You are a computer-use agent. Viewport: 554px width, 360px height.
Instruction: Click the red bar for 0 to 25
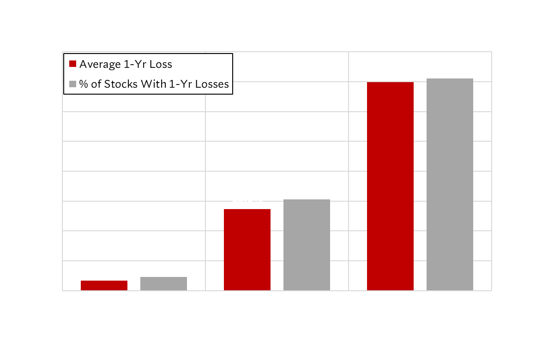104,285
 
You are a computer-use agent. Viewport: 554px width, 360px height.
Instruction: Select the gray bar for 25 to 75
307,245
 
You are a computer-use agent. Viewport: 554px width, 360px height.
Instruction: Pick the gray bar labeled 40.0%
450,185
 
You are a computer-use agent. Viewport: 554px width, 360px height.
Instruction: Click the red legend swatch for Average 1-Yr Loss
72,64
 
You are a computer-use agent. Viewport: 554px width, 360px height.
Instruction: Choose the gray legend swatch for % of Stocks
72,84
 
